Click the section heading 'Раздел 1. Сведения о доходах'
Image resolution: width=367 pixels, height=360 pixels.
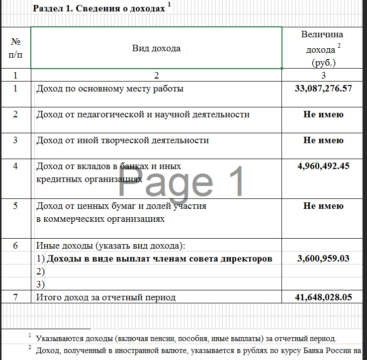pyautogui.click(x=98, y=8)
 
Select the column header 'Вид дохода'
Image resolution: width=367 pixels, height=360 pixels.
pyautogui.click(x=156, y=48)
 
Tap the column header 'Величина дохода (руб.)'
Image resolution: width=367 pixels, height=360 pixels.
pyautogui.click(x=323, y=49)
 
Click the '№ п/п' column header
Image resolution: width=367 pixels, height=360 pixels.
pyautogui.click(x=15, y=48)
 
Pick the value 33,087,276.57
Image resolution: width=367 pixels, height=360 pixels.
pyautogui.click(x=323, y=89)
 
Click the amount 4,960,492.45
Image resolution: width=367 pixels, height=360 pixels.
pyautogui.click(x=323, y=166)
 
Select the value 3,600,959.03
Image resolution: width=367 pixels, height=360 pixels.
pyautogui.click(x=323, y=259)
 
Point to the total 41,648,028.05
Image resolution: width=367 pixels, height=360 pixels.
pyautogui.click(x=323, y=297)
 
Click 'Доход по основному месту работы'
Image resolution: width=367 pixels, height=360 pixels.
pyautogui.click(x=110, y=89)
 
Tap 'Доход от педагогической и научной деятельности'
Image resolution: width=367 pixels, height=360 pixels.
pyautogui.click(x=143, y=114)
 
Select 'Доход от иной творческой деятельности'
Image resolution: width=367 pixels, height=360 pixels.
pyautogui.click(x=122, y=140)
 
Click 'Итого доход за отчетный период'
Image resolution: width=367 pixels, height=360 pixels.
pyautogui.click(x=106, y=297)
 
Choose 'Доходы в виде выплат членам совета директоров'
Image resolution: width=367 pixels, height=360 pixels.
pyautogui.click(x=159, y=259)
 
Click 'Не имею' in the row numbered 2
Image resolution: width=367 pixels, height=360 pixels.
pyautogui.click(x=323, y=114)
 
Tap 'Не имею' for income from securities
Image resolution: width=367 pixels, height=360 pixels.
pyautogui.click(x=323, y=206)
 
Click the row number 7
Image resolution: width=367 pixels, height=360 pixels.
pyautogui.click(x=15, y=297)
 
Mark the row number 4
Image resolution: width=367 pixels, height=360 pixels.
pyautogui.click(x=15, y=166)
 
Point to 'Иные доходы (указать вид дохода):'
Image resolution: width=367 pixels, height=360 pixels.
pyautogui.click(x=110, y=246)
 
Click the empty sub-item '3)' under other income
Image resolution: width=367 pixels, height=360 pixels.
pyautogui.click(x=41, y=284)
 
